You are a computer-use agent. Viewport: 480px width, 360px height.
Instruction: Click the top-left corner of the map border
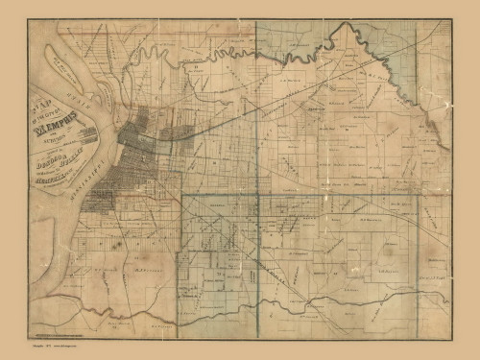pos(28,20)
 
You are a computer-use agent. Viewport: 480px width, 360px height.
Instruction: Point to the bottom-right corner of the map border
pos(451,339)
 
